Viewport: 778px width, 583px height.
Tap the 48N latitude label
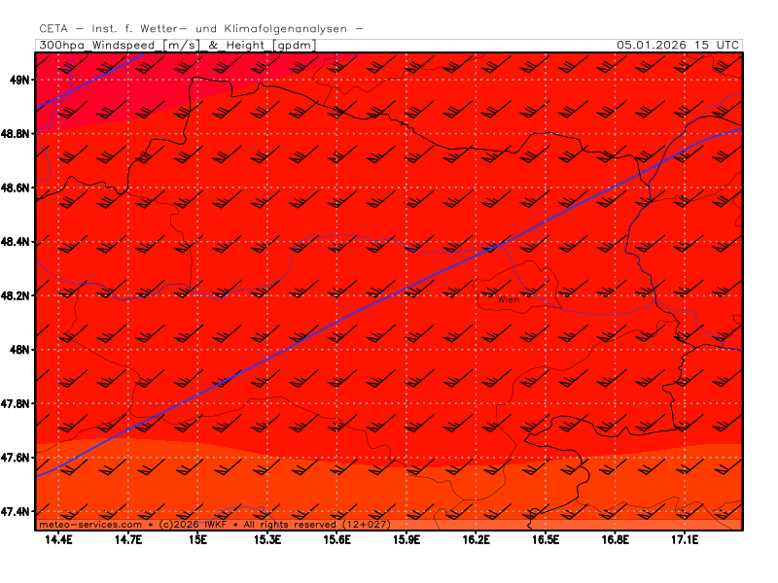click(x=21, y=349)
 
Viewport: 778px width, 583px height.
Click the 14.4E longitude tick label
click(x=59, y=539)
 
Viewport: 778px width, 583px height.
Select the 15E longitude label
click(x=199, y=539)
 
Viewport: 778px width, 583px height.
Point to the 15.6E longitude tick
click(x=337, y=539)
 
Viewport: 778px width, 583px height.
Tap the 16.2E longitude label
click(x=477, y=539)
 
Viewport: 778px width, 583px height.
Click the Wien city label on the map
click(x=509, y=300)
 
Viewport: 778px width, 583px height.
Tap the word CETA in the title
click(x=55, y=29)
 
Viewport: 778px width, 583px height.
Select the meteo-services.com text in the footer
click(x=84, y=525)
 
